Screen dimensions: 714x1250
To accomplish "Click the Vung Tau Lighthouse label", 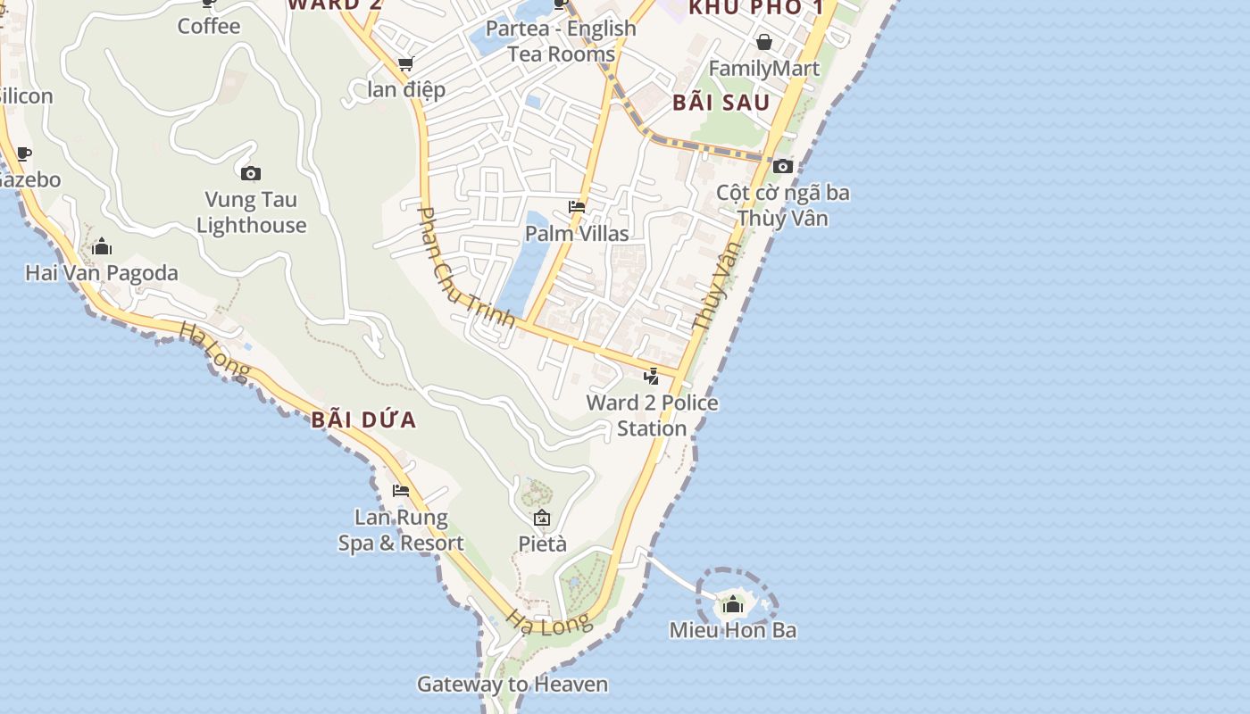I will tap(251, 212).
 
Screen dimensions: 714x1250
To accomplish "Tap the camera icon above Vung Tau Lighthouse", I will tap(251, 173).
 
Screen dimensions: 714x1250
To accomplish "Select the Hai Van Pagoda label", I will tap(102, 273).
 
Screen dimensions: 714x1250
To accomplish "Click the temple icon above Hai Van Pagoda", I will tap(102, 246).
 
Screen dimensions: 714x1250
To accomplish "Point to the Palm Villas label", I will tap(577, 234).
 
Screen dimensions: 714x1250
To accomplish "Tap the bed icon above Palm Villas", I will tap(577, 207).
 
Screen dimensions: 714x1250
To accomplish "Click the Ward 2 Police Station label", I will tap(652, 415).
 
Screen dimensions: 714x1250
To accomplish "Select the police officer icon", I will tap(652, 376).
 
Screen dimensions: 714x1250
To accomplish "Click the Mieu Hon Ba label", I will tap(733, 630).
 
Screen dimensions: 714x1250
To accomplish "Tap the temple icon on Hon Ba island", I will tap(733, 605).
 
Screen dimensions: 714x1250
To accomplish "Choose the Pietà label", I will tap(543, 544).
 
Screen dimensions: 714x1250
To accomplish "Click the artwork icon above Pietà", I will tap(542, 518).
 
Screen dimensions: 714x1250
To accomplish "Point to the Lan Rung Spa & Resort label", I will tap(401, 530).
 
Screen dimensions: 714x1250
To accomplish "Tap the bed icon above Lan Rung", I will tap(401, 491).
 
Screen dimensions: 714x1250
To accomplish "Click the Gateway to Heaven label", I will tap(512, 685).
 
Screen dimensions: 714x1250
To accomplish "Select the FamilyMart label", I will tap(763, 69).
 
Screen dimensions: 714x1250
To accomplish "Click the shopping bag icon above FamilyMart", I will tap(763, 42).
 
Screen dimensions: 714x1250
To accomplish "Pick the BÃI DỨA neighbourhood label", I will tap(364, 420).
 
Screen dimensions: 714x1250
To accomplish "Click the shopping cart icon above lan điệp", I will tap(405, 63).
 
